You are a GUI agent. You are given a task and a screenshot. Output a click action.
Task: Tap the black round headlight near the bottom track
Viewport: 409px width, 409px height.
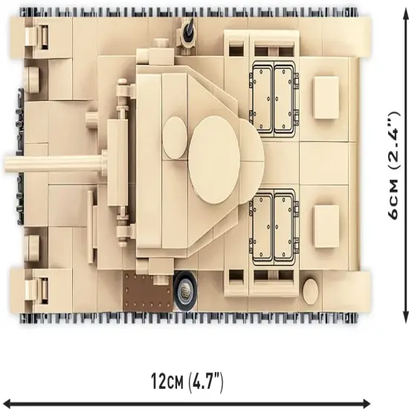(185, 291)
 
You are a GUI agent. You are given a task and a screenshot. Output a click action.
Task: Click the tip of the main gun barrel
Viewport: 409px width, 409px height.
(4, 164)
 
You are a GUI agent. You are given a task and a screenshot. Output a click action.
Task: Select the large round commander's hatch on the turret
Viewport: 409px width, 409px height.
(214, 160)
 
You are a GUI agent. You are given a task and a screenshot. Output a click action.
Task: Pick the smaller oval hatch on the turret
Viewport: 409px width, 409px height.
(175, 138)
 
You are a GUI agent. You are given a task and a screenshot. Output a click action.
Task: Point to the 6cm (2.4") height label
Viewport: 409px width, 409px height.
(393, 166)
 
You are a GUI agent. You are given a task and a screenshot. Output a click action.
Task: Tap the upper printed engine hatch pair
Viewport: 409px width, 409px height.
(274, 99)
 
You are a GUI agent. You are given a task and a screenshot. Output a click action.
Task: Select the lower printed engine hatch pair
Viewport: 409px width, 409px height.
(274, 227)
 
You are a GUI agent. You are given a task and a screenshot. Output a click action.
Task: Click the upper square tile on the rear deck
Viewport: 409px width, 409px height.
(326, 97)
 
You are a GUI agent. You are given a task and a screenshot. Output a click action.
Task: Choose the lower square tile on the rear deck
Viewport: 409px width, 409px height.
(326, 226)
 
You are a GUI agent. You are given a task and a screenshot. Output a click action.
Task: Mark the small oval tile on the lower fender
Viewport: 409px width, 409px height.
(311, 291)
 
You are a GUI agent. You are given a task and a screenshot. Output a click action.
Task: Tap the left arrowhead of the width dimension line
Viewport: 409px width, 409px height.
(4, 403)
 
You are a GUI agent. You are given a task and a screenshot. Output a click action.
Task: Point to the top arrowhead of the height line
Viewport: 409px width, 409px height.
(405, 10)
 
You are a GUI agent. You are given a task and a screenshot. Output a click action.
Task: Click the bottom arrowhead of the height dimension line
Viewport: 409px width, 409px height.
(405, 319)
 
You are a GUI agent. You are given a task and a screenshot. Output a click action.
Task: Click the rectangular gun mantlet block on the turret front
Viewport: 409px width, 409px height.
(117, 163)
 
